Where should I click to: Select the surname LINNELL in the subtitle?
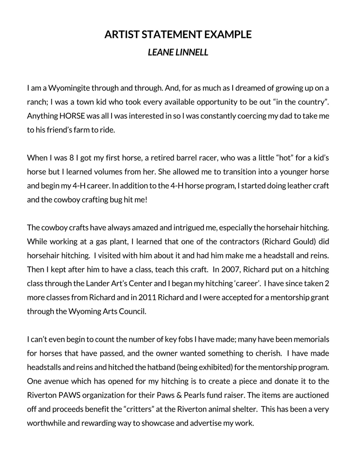click(192, 52)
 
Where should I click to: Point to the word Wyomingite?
click(69, 87)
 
